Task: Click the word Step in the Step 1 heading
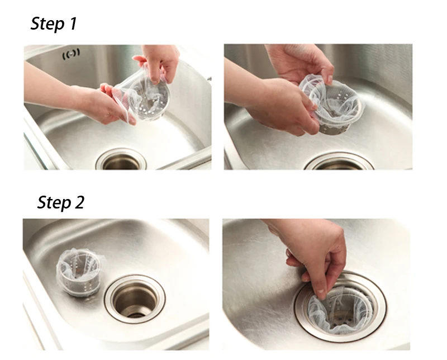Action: (47, 23)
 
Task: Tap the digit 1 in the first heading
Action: (73, 23)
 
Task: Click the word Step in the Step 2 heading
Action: (54, 202)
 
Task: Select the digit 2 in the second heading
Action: (79, 202)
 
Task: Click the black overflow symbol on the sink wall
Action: (71, 54)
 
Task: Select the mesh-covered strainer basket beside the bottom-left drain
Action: (80, 272)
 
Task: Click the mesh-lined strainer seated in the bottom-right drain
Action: (341, 311)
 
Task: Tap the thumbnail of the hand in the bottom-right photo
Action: (321, 294)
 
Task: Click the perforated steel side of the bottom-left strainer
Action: (79, 287)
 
